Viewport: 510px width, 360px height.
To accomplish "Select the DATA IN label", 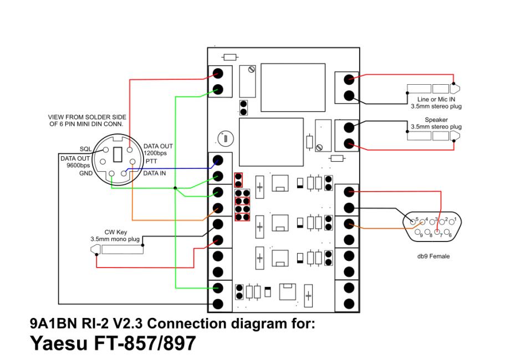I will click(x=156, y=173).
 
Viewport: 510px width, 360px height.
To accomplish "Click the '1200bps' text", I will click(x=155, y=152).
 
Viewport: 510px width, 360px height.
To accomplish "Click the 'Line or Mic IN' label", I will click(x=437, y=99).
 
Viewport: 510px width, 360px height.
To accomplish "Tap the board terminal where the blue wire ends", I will click(x=218, y=161).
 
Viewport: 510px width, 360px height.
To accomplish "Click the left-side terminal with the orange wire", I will click(x=218, y=208).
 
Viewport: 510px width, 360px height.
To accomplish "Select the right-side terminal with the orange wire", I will click(x=349, y=224).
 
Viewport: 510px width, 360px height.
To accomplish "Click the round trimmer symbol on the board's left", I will click(x=225, y=137).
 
